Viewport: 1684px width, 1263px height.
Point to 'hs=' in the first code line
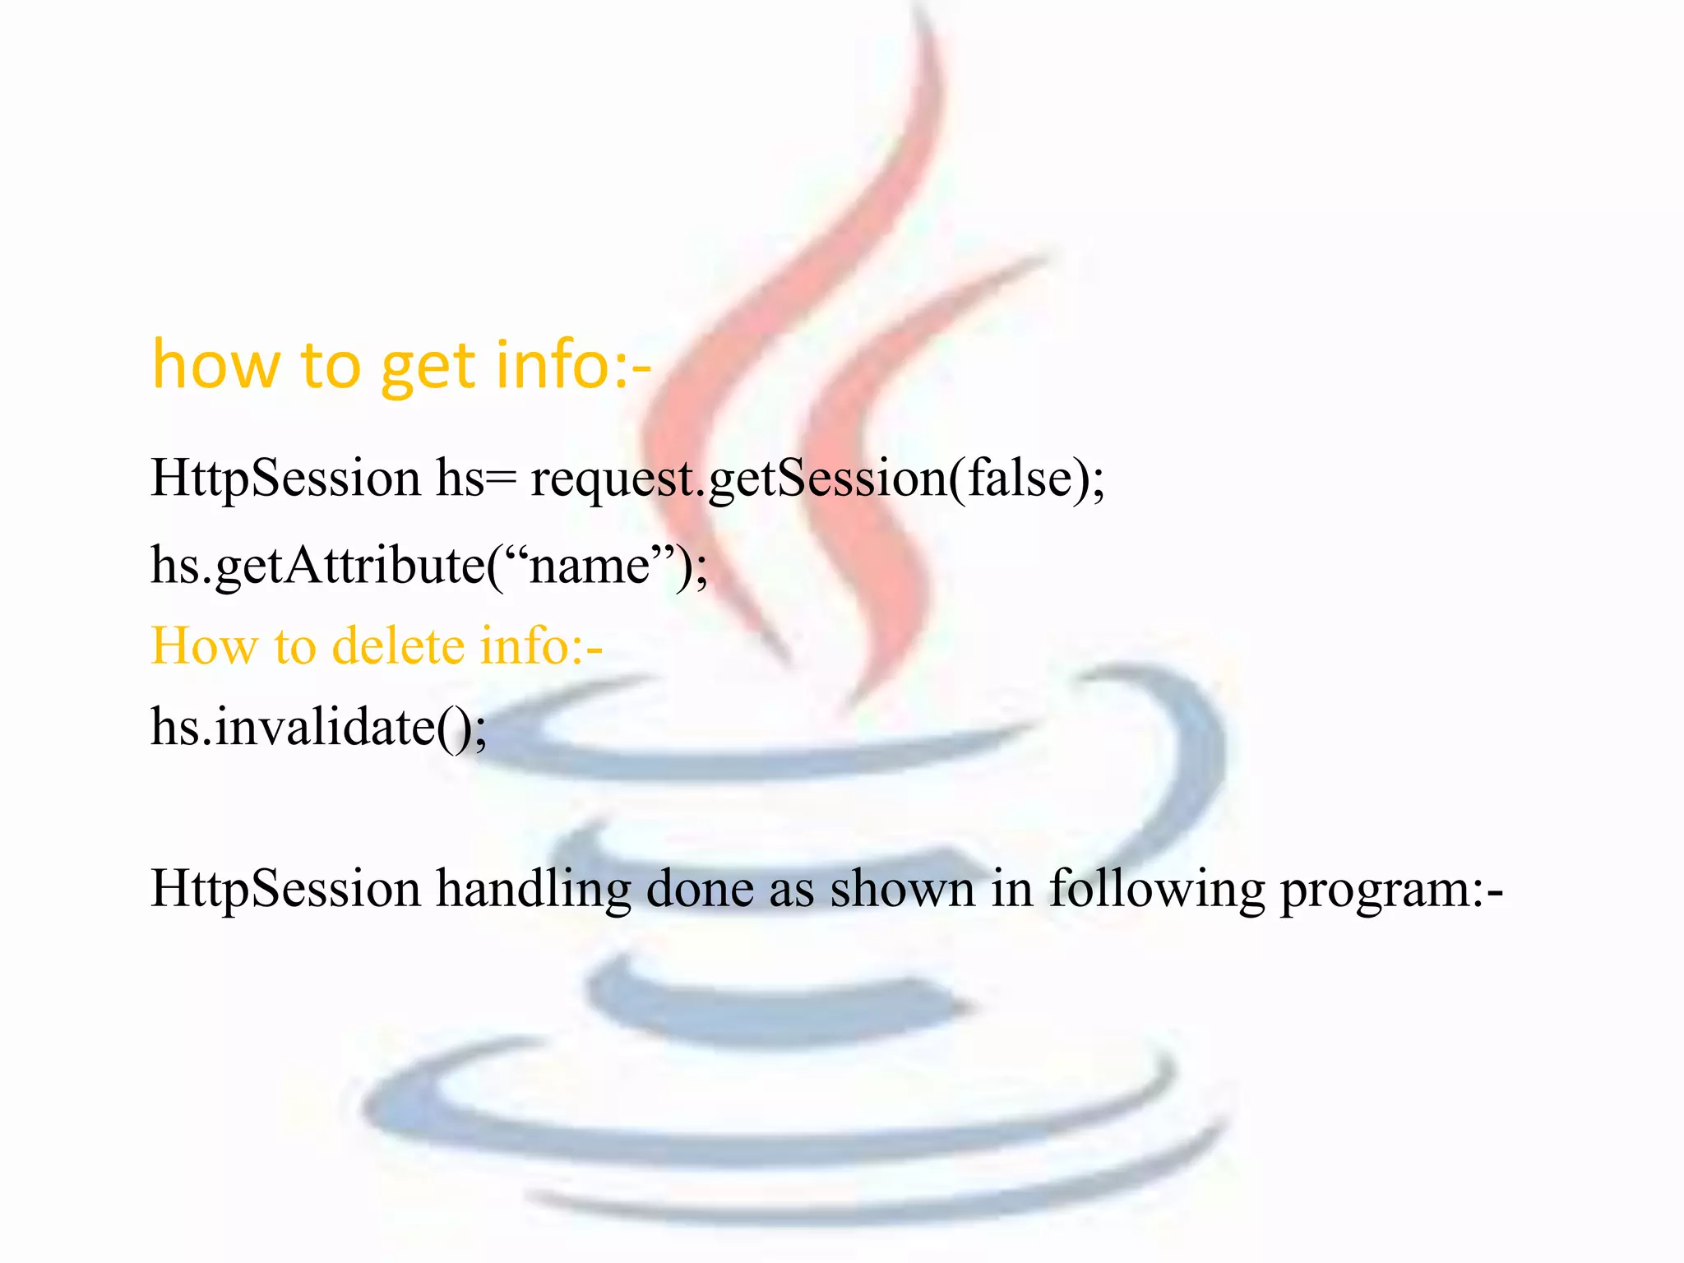point(475,479)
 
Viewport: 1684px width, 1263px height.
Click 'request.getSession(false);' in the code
point(817,479)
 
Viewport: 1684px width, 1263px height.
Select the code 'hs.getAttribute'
point(317,566)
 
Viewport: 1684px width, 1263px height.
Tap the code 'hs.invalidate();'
point(319,727)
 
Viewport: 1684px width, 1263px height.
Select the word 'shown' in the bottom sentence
point(901,888)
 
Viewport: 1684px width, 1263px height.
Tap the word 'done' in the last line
point(699,888)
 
